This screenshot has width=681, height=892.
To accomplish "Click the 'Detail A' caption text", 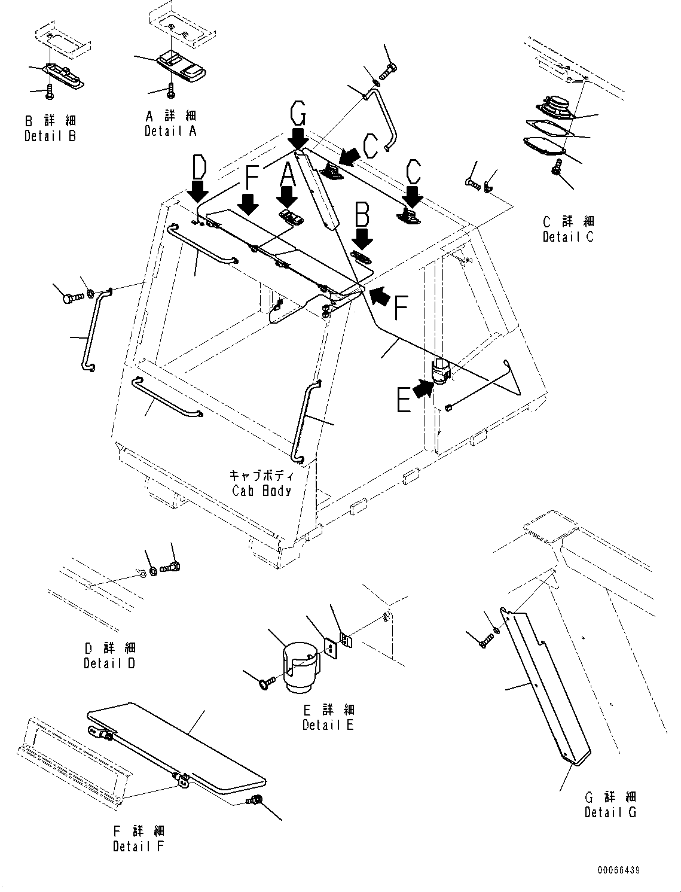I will click(x=170, y=130).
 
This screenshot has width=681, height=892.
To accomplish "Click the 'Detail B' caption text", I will click(x=50, y=136).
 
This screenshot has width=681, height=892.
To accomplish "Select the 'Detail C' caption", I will click(x=568, y=236).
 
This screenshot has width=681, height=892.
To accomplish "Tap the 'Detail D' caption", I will click(x=109, y=663).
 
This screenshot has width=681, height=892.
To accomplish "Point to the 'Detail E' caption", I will click(x=328, y=724).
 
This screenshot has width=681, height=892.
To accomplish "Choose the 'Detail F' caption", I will click(x=138, y=846).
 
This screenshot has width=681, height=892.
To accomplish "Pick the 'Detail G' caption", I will click(x=610, y=812).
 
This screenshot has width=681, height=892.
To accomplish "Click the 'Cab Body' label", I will click(x=261, y=491).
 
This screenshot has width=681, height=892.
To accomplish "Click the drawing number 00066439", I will click(x=618, y=870).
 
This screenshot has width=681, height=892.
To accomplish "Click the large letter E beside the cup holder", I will click(x=404, y=400).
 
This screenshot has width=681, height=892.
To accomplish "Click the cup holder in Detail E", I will click(x=300, y=667).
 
